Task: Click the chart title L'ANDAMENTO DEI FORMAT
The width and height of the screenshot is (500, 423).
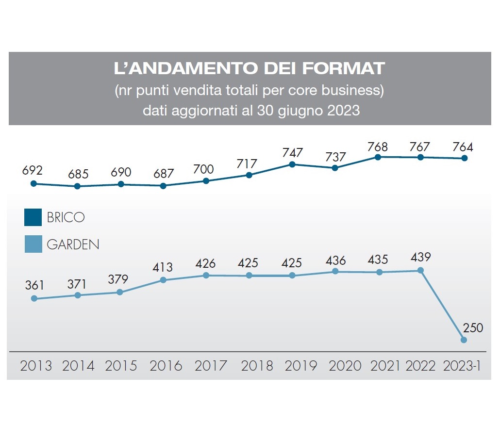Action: click(250, 68)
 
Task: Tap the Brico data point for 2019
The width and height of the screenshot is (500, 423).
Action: click(292, 164)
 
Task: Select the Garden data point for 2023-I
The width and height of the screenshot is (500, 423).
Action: click(464, 340)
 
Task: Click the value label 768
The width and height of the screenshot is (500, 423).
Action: click(378, 146)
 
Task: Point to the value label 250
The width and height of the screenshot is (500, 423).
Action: click(473, 328)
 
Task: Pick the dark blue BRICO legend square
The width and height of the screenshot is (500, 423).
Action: click(33, 217)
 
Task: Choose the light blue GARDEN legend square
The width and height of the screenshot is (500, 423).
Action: click(33, 244)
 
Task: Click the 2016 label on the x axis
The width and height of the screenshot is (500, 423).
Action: click(166, 366)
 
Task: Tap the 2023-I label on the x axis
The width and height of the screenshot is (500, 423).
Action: click(462, 366)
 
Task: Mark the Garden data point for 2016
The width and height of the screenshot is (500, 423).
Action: click(163, 280)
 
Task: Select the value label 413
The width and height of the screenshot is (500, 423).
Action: click(166, 268)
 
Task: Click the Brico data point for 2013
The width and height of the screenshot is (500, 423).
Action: click(33, 183)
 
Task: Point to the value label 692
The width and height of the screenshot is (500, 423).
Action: click(33, 171)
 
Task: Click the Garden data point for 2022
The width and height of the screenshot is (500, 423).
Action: click(420, 270)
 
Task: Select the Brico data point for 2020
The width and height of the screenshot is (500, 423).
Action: click(335, 168)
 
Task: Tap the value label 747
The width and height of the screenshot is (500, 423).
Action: click(292, 152)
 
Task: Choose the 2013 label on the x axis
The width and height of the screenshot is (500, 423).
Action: click(36, 366)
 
